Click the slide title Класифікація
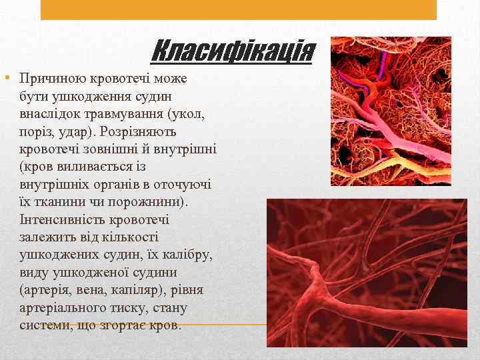click(x=232, y=51)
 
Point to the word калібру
click(x=187, y=255)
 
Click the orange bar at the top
click(x=239, y=9)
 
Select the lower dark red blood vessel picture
click(x=367, y=273)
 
